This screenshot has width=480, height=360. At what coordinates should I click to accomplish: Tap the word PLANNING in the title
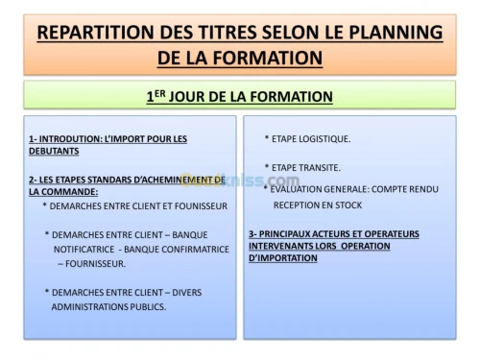pyautogui.click(x=393, y=33)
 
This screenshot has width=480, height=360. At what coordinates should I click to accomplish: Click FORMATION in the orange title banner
pyautogui.click(x=262, y=58)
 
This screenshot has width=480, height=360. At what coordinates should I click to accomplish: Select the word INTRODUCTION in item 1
pyautogui.click(x=70, y=138)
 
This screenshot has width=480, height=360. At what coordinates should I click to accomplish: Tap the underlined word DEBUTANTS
pyautogui.click(x=54, y=151)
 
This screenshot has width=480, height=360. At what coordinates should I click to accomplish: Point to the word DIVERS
pyautogui.click(x=193, y=292)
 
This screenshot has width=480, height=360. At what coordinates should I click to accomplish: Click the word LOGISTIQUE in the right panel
pyautogui.click(x=324, y=138)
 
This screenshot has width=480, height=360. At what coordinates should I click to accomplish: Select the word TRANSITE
pyautogui.click(x=322, y=167)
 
